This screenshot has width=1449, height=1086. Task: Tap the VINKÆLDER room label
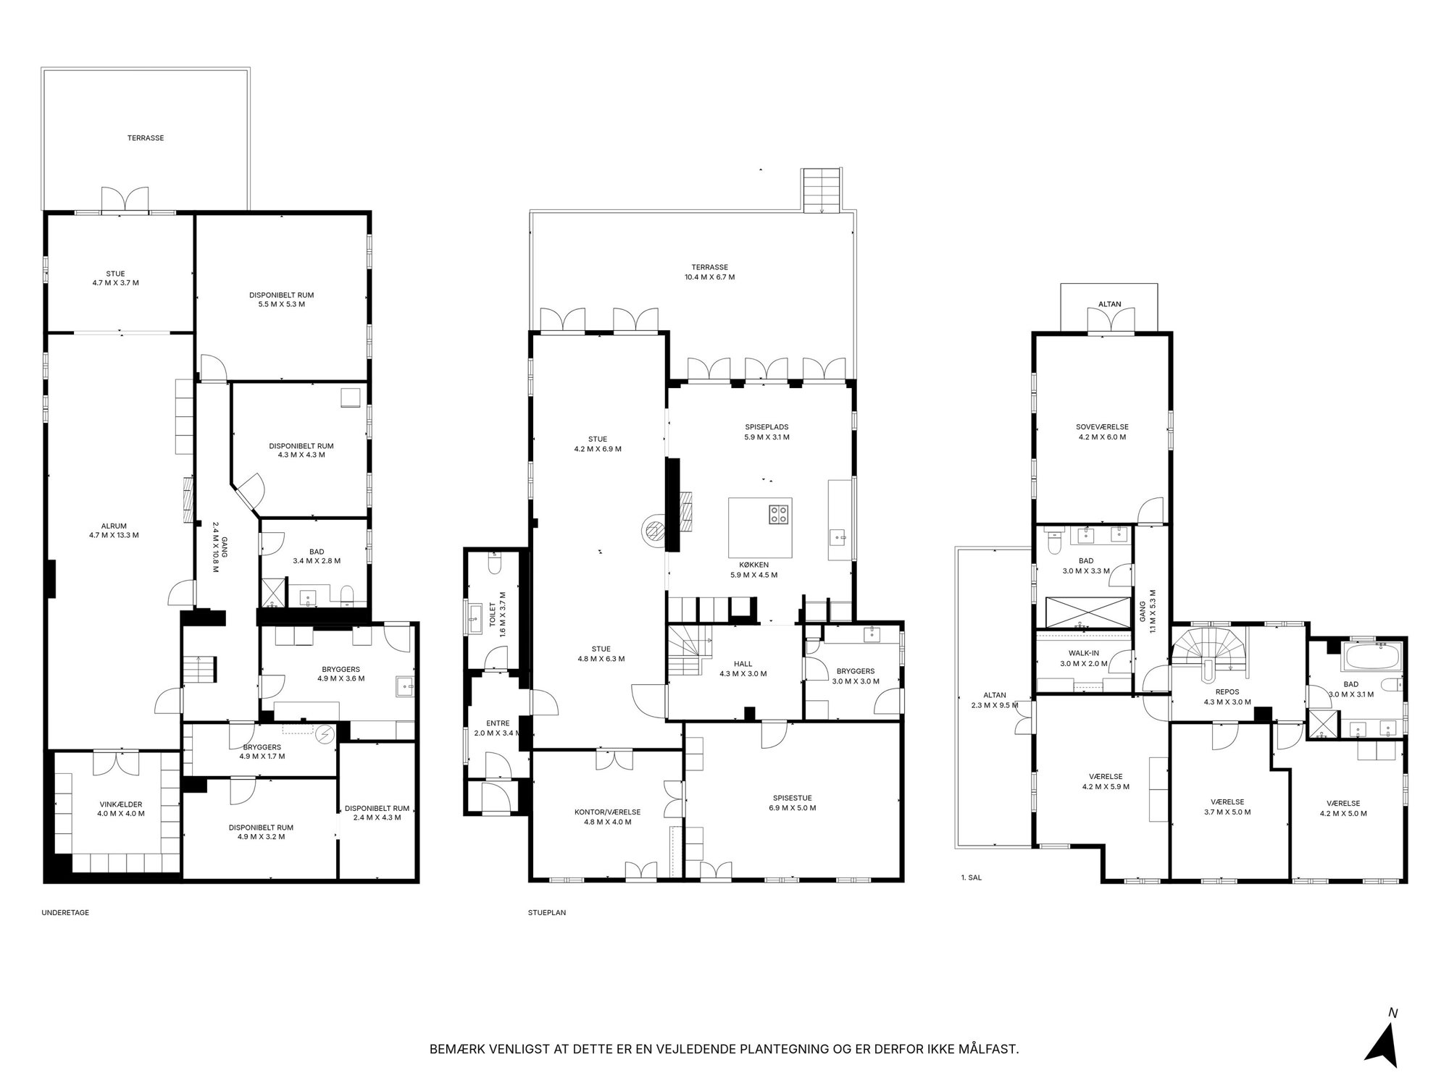tap(122, 808)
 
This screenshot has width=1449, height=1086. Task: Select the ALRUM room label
tap(114, 531)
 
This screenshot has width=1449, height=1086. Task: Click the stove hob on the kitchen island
tap(779, 514)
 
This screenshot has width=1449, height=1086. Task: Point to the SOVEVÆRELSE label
tap(1102, 432)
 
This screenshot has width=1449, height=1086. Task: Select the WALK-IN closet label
tap(1083, 658)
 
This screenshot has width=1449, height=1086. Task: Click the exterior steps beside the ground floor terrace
tap(822, 190)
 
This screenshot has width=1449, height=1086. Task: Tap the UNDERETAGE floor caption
tap(65, 913)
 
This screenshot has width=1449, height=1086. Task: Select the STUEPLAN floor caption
tap(547, 913)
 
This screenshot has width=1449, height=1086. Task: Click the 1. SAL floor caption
tap(972, 877)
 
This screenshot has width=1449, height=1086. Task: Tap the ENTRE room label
tap(498, 728)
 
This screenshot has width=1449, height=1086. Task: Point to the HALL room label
tap(743, 668)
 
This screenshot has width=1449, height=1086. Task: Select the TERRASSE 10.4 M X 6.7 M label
tap(709, 272)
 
